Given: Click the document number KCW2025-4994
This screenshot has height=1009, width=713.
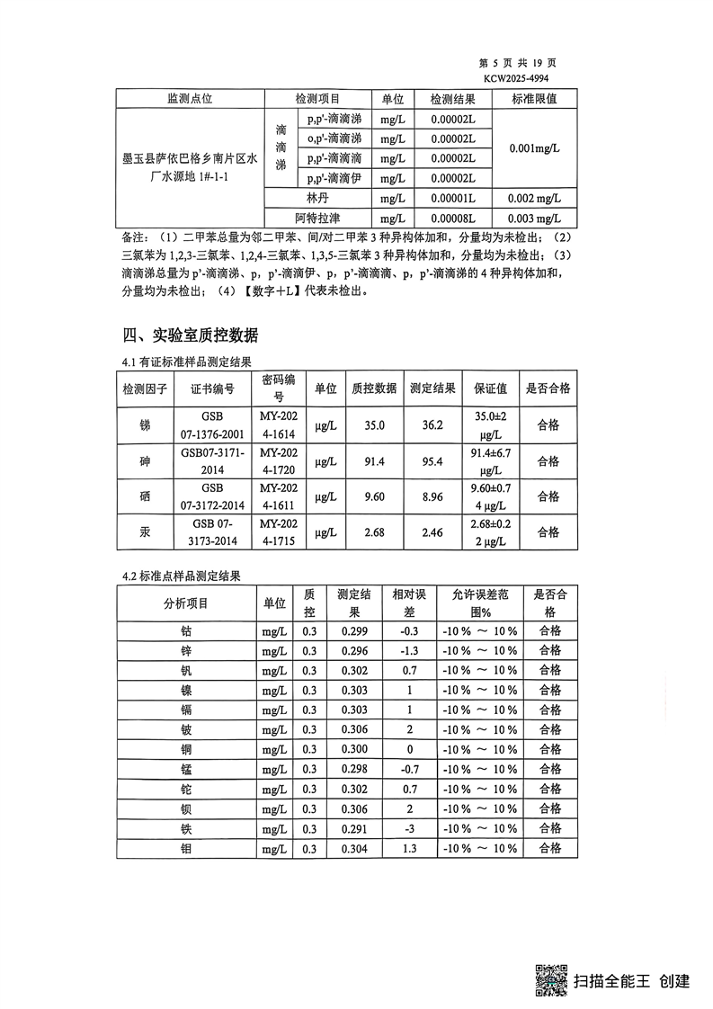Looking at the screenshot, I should pos(516,78).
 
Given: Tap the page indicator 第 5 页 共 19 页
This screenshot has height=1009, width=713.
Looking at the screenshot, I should pos(519,64).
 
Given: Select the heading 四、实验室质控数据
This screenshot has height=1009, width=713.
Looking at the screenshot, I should pos(190,335).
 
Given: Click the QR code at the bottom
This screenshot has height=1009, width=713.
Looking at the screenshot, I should pos(552,979).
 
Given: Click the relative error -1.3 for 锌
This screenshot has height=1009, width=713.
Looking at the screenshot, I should pos(409,651).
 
